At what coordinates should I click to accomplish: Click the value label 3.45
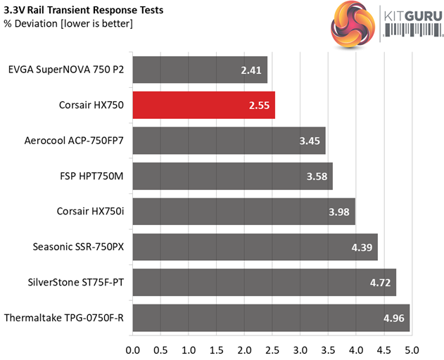pos(310,141)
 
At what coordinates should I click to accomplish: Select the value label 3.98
pos(341,212)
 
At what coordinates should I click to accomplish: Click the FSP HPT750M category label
pos(92,176)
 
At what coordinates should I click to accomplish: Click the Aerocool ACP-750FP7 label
pos(74,141)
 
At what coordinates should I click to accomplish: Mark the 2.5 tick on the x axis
pos(272,348)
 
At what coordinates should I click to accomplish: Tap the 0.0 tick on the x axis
pos(133,348)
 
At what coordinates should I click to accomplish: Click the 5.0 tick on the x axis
pos(412,348)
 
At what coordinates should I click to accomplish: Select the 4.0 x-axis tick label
pos(356,348)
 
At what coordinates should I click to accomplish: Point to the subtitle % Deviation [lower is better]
pos(69,24)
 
